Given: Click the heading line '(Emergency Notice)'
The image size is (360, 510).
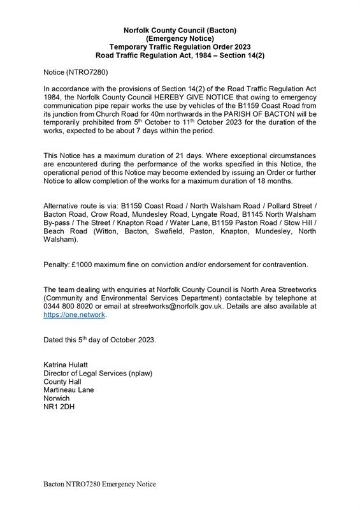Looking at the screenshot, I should [180, 38].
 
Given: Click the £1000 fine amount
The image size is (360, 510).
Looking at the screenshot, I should [87, 265].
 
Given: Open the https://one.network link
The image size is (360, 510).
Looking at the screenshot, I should [74, 315].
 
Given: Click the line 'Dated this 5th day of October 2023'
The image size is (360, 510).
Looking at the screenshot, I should [99, 340].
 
